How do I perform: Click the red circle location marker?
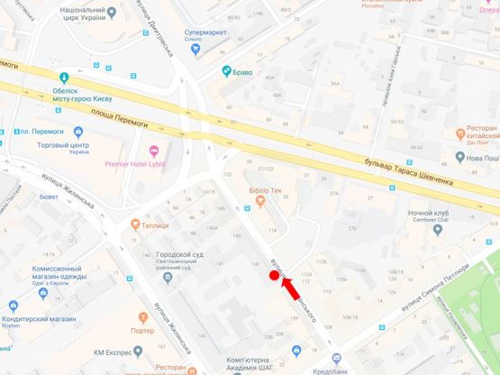(275, 276)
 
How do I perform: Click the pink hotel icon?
(152, 150)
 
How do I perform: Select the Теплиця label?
(159, 223)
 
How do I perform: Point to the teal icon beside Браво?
(227, 71)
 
